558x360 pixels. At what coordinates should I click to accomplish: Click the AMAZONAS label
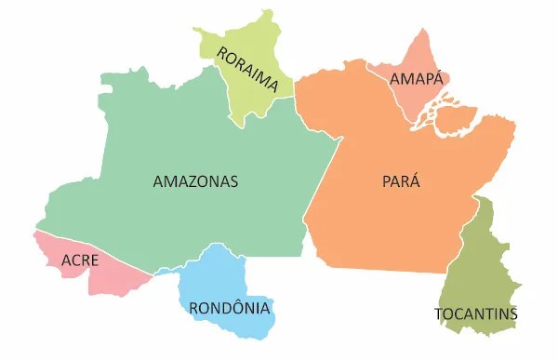tap(195, 181)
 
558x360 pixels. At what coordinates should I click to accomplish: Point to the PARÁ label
tap(401, 181)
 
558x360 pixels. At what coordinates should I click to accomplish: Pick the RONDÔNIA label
tap(230, 308)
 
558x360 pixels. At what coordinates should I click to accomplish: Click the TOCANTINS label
tap(476, 313)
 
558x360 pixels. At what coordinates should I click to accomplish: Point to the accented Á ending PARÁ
tap(415, 180)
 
